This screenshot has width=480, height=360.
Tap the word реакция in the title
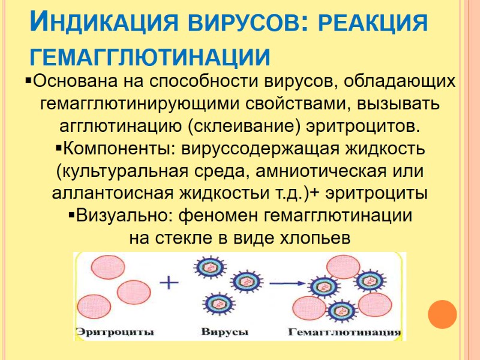[x=372, y=25]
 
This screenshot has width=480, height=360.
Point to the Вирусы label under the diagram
[x=224, y=331]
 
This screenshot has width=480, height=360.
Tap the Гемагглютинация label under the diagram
[x=344, y=331]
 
